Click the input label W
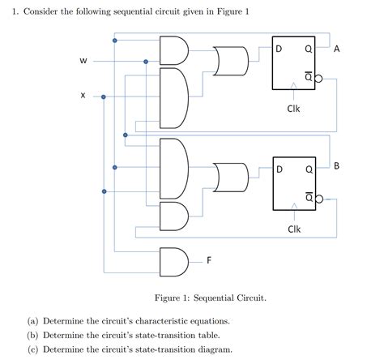83,61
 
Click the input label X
83,96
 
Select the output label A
336,49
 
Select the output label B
336,166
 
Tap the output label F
210,261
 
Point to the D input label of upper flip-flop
279,49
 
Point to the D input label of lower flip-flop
279,170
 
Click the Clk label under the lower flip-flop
293,229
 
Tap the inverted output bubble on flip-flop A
318,79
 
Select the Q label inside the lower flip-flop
308,170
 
